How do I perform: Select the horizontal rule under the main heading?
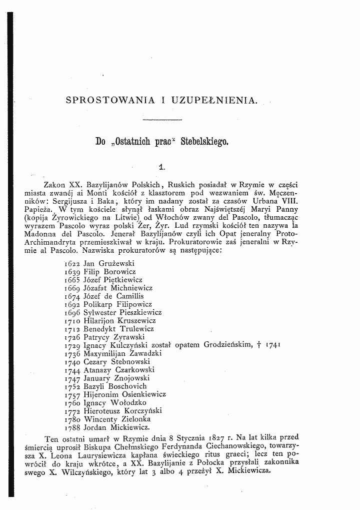(162, 120)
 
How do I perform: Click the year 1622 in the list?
(73, 263)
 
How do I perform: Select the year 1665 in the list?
(73, 280)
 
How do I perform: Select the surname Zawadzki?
(142, 353)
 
